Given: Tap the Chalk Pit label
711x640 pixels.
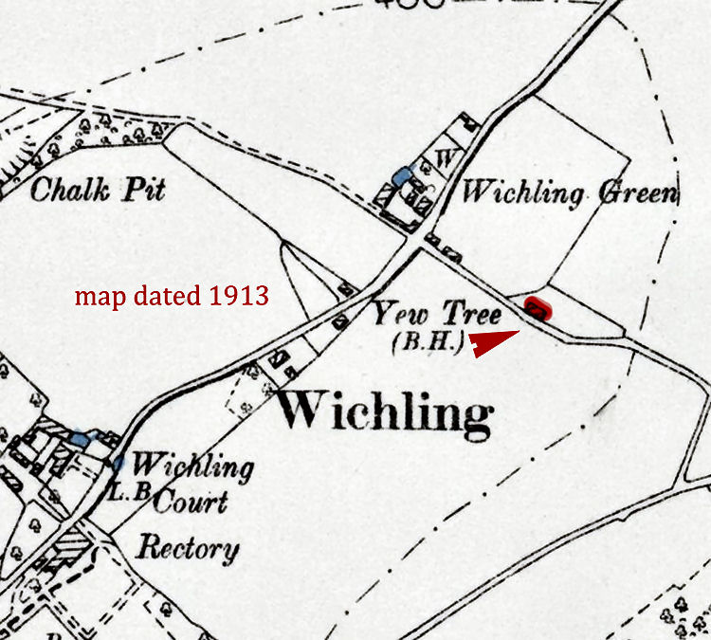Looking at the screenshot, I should tap(98, 190).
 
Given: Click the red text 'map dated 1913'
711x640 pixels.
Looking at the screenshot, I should tap(172, 297).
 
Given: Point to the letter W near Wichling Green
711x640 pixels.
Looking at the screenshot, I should tap(444, 157).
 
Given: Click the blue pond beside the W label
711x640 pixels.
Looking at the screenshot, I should tap(403, 175).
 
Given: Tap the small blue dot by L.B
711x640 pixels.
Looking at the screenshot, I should tap(118, 465).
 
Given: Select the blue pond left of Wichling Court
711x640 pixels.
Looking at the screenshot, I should tap(80, 439).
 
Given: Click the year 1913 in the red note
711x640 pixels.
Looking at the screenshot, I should tap(242, 297).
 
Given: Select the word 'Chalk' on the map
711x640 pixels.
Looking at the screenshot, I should tap(67, 190).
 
